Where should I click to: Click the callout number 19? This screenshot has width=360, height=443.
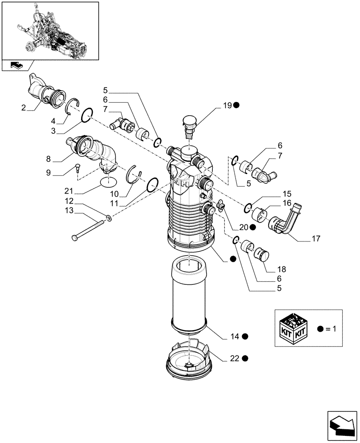coord(227,105)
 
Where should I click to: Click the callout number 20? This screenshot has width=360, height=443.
coord(243,227)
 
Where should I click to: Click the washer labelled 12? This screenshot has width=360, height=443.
coord(109,218)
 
